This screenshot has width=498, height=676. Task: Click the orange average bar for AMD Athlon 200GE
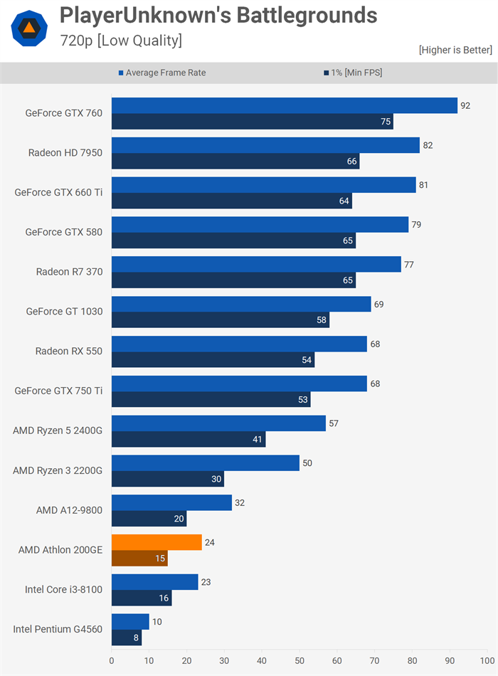pos(157,542)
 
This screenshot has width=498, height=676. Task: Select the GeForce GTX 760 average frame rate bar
pos(284,105)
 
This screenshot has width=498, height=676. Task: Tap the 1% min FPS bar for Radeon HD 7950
pos(235,162)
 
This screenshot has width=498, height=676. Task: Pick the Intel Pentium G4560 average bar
pos(130,622)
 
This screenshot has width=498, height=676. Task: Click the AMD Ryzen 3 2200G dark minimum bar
pos(167,479)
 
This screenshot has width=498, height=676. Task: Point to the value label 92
pos(465,105)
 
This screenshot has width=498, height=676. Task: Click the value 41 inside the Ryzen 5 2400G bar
pos(258,440)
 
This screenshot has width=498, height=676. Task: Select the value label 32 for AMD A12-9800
pos(240,502)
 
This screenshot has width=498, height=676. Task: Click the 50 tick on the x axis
pos(300,660)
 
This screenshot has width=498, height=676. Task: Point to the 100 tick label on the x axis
pos(487,660)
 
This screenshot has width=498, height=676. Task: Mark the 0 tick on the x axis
pos(112,660)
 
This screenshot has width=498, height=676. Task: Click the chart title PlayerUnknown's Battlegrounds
pos(218,16)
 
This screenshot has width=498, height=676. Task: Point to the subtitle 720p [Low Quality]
pos(121,41)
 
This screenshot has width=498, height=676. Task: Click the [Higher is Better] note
pos(455,50)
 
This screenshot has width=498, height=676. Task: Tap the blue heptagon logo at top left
pos(30,28)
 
